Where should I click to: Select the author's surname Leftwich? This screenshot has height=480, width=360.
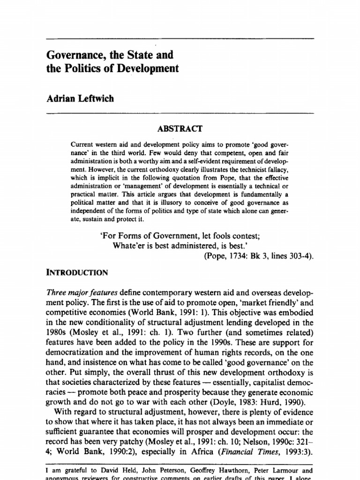pos(98,98)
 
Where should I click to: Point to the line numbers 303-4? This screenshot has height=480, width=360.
pos(298,256)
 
